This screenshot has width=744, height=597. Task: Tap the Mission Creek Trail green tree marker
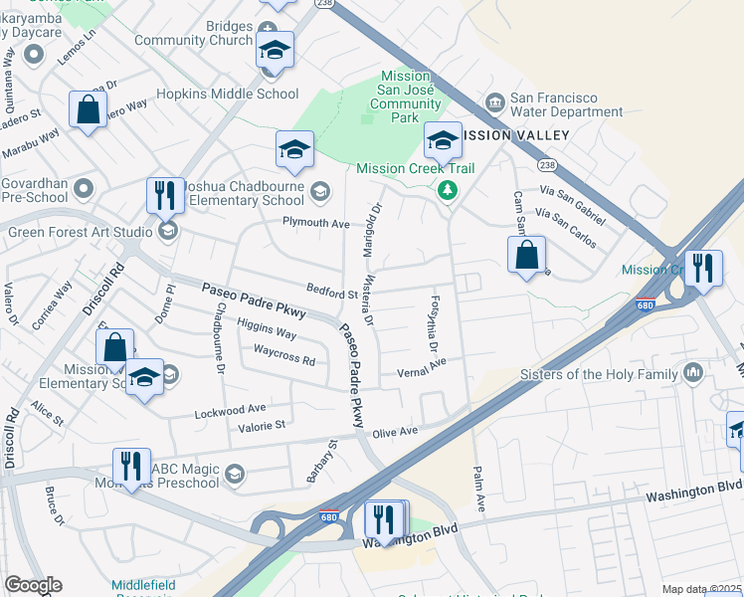pos(449,188)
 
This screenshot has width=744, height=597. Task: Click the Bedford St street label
pos(331,295)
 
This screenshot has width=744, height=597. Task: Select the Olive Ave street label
pos(395,432)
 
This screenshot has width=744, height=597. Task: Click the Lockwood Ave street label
pos(231,409)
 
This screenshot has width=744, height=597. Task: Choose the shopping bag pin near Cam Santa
pos(526,255)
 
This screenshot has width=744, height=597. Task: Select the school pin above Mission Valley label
pos(443,140)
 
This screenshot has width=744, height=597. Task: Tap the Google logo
pos(32,585)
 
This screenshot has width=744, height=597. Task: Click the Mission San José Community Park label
pos(405,97)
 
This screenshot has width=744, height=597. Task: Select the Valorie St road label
pos(262,425)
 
